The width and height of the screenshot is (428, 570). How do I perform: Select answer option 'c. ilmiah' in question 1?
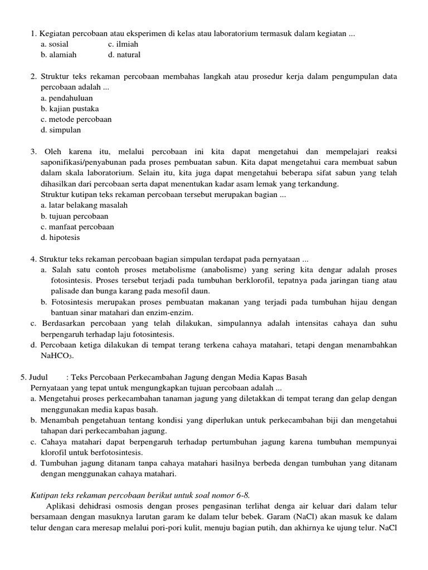(x=123, y=44)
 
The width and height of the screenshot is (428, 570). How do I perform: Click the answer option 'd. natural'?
(x=124, y=55)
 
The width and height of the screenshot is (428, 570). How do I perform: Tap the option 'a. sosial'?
(x=55, y=44)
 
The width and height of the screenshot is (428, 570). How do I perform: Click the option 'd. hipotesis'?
(x=60, y=237)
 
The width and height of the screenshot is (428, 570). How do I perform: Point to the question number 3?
(x=33, y=151)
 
